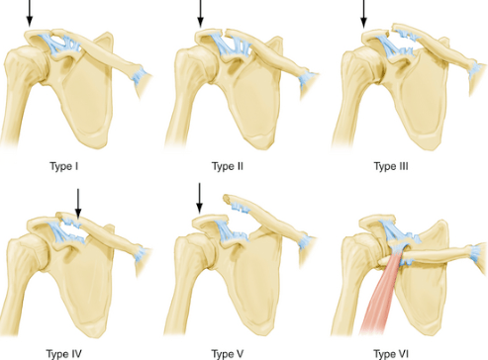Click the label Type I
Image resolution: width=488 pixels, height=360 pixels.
(x=64, y=166)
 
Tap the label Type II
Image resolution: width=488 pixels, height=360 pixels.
(x=228, y=166)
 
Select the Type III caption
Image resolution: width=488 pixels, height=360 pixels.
(x=391, y=166)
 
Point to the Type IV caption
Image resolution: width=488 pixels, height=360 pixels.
(x=63, y=354)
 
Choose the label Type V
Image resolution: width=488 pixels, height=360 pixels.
(x=228, y=354)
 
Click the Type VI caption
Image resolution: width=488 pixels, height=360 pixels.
(x=391, y=354)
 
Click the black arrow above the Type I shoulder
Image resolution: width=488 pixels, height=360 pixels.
(x=30, y=13)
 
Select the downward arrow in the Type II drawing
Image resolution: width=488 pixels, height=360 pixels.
(x=200, y=14)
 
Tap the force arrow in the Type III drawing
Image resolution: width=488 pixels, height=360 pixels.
(x=363, y=14)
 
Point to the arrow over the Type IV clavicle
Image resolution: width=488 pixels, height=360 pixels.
(x=78, y=203)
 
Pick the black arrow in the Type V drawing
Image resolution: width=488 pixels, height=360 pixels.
(x=199, y=198)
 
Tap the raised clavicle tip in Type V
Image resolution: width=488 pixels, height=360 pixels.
(x=226, y=198)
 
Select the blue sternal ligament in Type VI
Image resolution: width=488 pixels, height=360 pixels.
(x=476, y=253)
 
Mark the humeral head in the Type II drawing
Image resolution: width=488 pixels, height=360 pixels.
(x=190, y=65)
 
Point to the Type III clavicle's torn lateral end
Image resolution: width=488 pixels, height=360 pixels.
(x=394, y=29)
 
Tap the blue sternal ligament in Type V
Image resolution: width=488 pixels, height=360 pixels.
(x=305, y=244)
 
